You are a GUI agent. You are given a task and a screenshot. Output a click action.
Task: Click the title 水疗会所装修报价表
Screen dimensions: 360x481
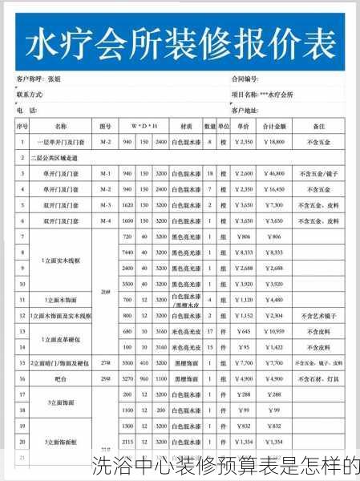pos(181,43)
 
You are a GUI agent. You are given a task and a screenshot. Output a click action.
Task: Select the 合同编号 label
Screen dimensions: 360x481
pos(245,80)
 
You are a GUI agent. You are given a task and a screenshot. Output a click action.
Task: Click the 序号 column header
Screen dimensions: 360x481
pos(22,127)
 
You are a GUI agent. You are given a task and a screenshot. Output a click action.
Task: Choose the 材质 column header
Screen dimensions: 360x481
pos(186,127)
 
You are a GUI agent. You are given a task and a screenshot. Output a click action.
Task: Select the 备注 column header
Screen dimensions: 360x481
pos(318,127)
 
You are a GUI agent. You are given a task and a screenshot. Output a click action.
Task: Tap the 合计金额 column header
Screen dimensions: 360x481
pos(274,127)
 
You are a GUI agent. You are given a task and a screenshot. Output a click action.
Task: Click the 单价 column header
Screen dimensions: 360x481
pos(244,127)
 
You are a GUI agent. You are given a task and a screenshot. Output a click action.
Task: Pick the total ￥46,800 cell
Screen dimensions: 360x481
pos(273,173)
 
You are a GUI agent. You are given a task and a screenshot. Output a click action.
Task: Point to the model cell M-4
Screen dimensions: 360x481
pos(105,220)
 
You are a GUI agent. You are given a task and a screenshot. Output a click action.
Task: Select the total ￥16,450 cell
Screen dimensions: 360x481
pos(273,189)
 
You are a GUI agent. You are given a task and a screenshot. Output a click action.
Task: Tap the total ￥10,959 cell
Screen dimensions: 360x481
pos(273,331)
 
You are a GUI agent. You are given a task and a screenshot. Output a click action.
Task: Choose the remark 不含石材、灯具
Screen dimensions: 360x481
pos(318,378)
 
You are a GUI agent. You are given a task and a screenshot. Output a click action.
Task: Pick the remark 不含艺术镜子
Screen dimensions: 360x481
pos(318,316)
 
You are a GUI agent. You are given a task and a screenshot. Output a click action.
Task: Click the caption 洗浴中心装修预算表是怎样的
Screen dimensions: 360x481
pos(224,466)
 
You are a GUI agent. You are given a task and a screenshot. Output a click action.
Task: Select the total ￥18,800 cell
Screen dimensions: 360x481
pos(273,142)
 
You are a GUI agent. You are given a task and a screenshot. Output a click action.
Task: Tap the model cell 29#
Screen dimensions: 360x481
pos(105,378)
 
